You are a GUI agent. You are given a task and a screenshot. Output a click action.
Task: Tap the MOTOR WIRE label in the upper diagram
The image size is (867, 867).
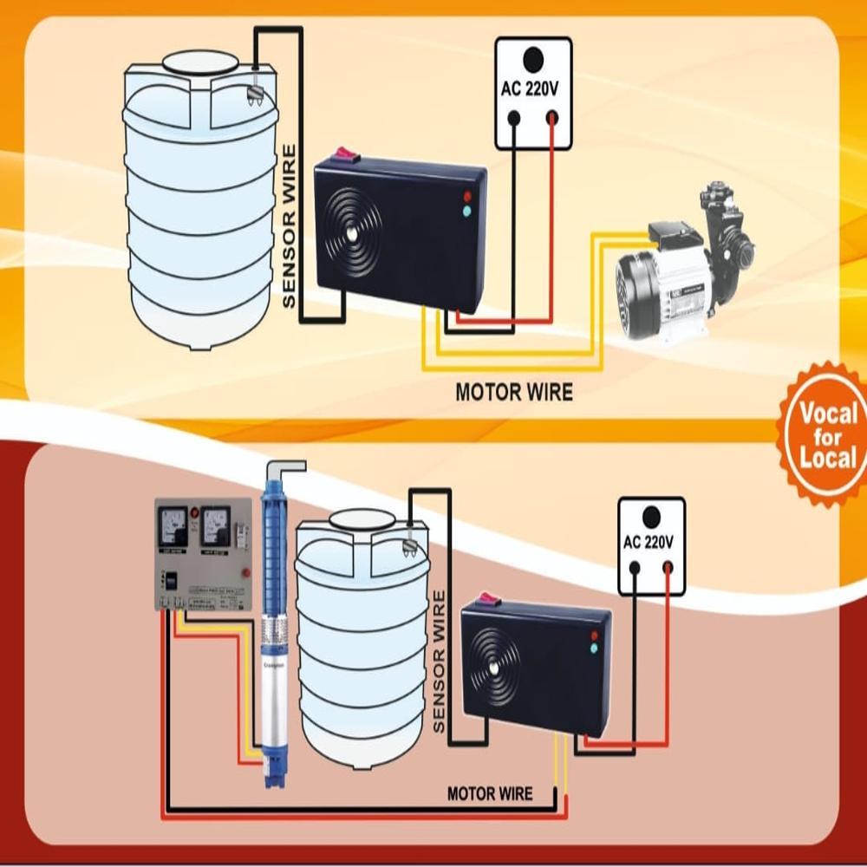click(514, 392)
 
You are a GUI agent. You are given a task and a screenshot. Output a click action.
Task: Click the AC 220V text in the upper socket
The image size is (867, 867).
click(532, 88)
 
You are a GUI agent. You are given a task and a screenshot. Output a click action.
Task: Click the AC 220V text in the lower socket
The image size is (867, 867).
click(649, 543)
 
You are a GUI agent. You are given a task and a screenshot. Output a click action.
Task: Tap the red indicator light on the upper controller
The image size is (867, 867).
click(467, 197)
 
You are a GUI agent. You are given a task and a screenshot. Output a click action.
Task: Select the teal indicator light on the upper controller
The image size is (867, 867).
click(467, 212)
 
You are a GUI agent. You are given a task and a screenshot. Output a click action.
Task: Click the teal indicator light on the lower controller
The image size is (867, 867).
click(593, 648)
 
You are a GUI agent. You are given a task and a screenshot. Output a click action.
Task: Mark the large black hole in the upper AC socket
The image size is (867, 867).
click(532, 60)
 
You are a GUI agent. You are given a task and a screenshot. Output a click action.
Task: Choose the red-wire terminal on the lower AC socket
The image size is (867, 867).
click(668, 568)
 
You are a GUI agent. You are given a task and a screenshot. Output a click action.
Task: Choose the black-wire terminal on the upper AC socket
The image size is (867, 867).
click(514, 117)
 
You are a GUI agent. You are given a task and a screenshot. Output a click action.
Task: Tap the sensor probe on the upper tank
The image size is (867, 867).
click(255, 89)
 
